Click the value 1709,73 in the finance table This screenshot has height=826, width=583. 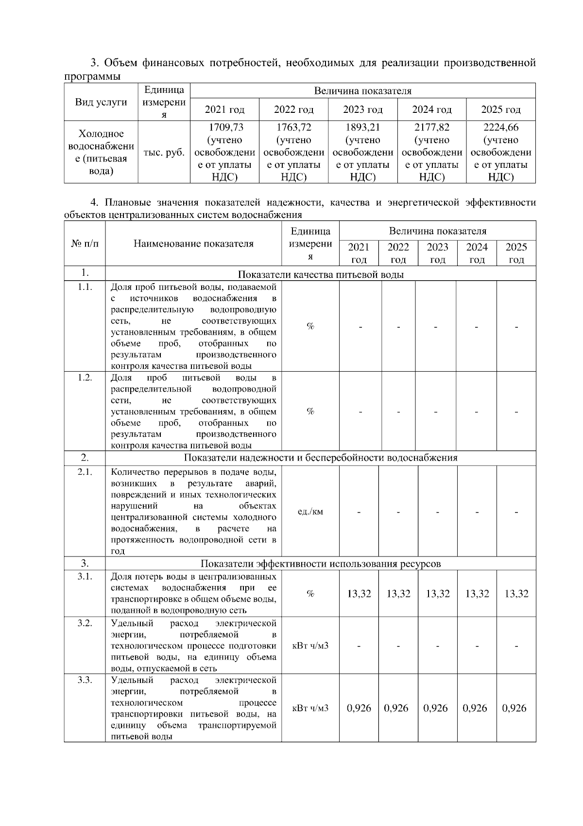pyautogui.click(x=225, y=128)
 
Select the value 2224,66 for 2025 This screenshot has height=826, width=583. pyautogui.click(x=500, y=128)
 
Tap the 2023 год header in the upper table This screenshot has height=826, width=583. pyautogui.click(x=362, y=110)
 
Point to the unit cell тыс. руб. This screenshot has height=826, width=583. pyautogui.click(x=164, y=152)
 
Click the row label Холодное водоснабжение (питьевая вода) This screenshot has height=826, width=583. pyautogui.click(x=102, y=152)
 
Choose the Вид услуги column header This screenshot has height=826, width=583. pyautogui.click(x=101, y=102)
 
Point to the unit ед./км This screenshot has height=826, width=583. pyautogui.click(x=310, y=512)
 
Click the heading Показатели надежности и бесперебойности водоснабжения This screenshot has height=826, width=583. pyautogui.click(x=321, y=458)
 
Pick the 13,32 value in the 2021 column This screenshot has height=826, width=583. pyautogui.click(x=359, y=594)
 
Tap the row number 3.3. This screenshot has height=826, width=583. pyautogui.click(x=85, y=680)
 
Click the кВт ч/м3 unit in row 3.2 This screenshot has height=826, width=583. pyautogui.click(x=310, y=646)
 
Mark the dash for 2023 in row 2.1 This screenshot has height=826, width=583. pyautogui.click(x=438, y=512)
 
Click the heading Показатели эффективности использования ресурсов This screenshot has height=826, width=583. pyautogui.click(x=321, y=564)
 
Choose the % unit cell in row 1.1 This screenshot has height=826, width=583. pyautogui.click(x=310, y=326)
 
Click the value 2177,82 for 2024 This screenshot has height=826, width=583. pyautogui.click(x=431, y=128)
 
